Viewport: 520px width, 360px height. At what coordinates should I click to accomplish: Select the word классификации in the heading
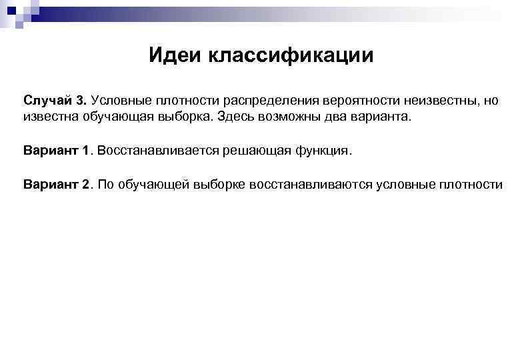[x=292, y=55]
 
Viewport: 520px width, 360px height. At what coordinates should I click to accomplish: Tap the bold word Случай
[x=48, y=100]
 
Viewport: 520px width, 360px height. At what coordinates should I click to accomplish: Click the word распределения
[x=271, y=100]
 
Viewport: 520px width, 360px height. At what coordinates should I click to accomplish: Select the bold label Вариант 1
[x=57, y=150]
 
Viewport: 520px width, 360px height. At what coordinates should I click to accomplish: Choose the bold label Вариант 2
[x=57, y=184]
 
